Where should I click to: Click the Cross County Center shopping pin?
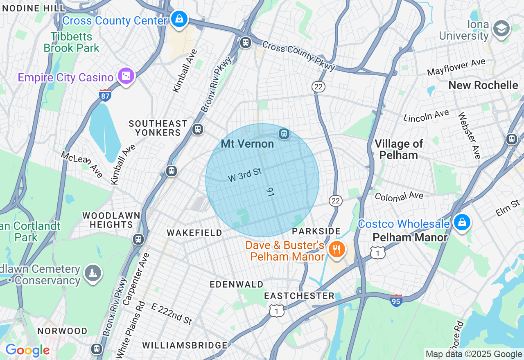pos(179,19)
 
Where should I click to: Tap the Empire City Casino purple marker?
pos(126,76)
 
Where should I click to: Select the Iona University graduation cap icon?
pos(501,29)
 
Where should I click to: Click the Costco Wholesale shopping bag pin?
pos(462,222)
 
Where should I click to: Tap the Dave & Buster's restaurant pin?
pos(337,249)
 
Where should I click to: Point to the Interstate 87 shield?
pos(105,96)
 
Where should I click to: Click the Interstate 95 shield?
pos(396,301)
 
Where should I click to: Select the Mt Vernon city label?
pos(247,144)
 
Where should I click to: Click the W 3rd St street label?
pos(245,175)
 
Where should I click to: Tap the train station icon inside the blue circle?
pos(284,134)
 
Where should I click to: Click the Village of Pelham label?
pos(398,149)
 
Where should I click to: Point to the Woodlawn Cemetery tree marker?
pos(93,272)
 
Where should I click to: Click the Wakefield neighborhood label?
pos(194,233)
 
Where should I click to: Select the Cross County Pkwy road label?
pos(298,56)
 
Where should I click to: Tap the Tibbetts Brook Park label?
pos(72,42)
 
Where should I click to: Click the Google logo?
pos(27,350)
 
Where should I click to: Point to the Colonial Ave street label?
pos(399,197)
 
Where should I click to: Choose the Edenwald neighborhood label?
pos(237,284)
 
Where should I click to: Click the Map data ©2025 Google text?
pos(474,354)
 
